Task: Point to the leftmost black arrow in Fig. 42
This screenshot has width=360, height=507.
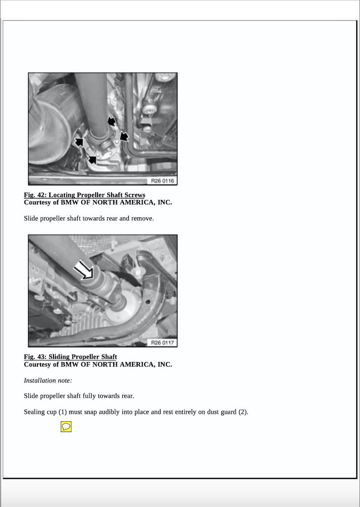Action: click(79, 142)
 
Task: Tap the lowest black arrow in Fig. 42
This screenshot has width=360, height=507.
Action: click(93, 159)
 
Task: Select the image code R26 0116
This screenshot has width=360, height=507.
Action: click(162, 181)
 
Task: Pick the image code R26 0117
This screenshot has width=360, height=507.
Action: click(162, 343)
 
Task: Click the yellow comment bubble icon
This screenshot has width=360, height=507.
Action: click(66, 427)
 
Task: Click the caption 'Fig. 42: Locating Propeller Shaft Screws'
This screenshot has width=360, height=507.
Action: click(84, 195)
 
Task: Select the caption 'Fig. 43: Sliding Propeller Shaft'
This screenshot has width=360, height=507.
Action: click(70, 357)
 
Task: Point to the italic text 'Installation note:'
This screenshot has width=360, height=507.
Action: click(48, 381)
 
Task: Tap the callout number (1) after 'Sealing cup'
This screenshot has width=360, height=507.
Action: click(63, 412)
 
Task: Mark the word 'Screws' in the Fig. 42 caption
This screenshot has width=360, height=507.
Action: click(135, 195)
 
